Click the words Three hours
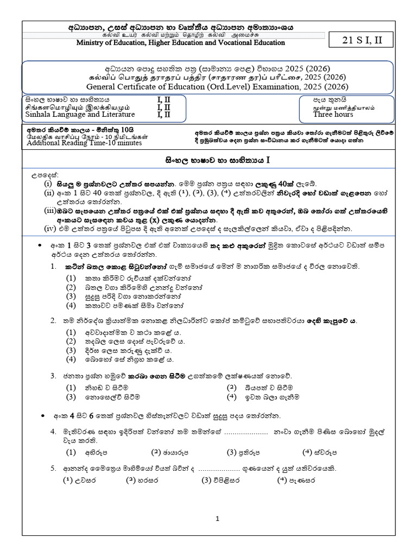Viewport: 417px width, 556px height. click(x=333, y=115)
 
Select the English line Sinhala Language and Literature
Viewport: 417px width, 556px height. click(x=80, y=115)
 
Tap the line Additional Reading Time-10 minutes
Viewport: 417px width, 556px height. click(x=84, y=143)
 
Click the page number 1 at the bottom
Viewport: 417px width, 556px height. click(x=218, y=519)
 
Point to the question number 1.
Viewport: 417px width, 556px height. click(x=53, y=267)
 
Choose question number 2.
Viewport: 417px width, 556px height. click(x=53, y=321)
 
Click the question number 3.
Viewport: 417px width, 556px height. click(x=53, y=376)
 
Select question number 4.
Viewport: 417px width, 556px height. click(x=53, y=432)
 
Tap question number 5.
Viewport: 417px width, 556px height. click(x=53, y=468)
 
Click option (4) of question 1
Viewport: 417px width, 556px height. click(x=71, y=306)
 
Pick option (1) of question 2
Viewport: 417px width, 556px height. click(x=71, y=332)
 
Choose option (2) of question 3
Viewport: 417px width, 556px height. click(x=232, y=388)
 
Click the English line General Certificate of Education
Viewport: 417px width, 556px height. click(x=207, y=85)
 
